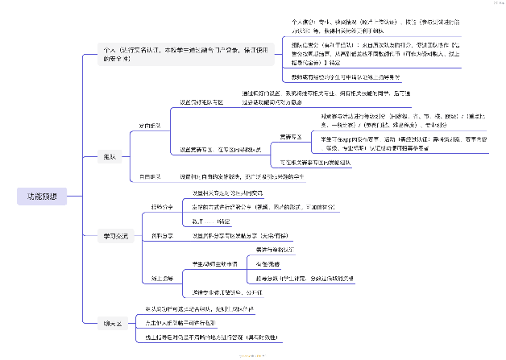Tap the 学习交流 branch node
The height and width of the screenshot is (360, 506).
click(115, 236)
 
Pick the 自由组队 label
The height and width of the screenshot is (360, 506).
click(150, 175)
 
